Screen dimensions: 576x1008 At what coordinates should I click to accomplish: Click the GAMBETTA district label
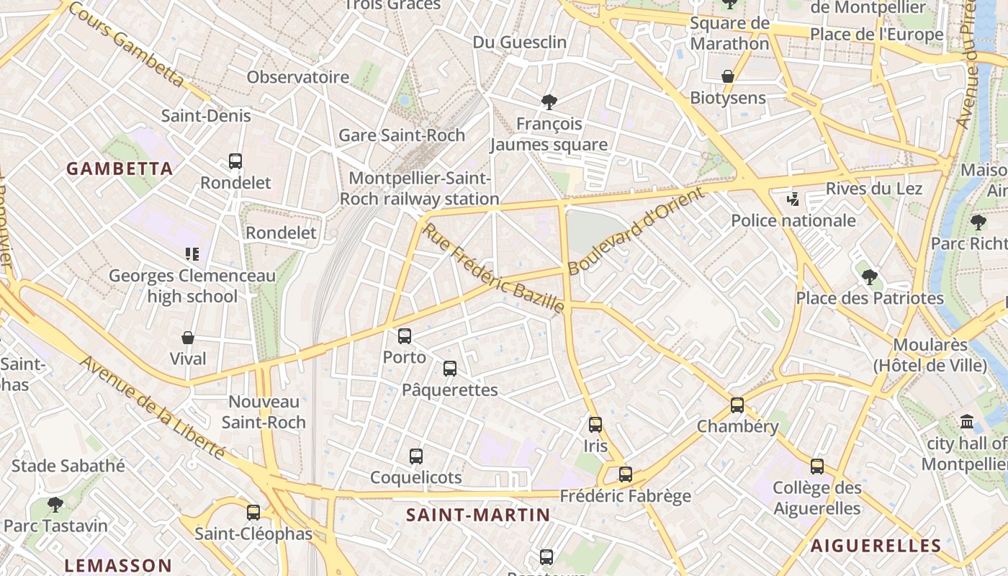pyautogui.click(x=120, y=169)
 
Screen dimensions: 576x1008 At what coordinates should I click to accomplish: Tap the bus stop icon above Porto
pyautogui.click(x=405, y=336)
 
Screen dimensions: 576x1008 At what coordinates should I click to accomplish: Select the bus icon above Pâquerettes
pyautogui.click(x=450, y=369)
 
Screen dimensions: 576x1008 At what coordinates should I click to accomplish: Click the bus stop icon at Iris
pyautogui.click(x=595, y=425)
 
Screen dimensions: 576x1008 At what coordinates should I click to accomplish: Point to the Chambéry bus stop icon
pyautogui.click(x=737, y=405)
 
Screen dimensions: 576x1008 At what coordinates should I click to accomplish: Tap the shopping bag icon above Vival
pyautogui.click(x=188, y=338)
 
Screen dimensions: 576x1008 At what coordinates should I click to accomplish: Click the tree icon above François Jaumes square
pyautogui.click(x=549, y=102)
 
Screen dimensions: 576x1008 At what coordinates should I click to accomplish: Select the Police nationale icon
pyautogui.click(x=793, y=199)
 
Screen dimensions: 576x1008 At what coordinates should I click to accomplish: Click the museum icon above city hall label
pyautogui.click(x=967, y=422)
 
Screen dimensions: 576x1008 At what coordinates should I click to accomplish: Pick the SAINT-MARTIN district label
pyautogui.click(x=478, y=516)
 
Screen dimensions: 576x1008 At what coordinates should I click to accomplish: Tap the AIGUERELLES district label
pyautogui.click(x=876, y=546)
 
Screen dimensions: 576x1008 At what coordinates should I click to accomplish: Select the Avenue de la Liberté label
pyautogui.click(x=153, y=408)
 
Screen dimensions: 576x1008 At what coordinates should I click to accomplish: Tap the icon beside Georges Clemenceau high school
pyautogui.click(x=192, y=253)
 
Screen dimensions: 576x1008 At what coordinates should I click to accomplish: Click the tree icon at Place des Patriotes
pyautogui.click(x=870, y=276)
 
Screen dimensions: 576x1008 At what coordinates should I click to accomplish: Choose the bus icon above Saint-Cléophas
pyautogui.click(x=253, y=513)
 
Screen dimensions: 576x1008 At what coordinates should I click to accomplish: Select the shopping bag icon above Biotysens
pyautogui.click(x=728, y=76)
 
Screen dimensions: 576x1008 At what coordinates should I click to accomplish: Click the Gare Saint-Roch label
pyautogui.click(x=402, y=135)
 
